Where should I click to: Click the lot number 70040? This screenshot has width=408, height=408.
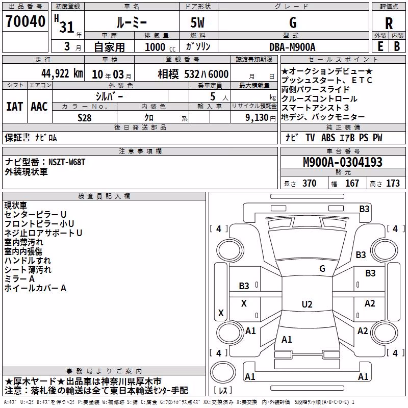(25, 21)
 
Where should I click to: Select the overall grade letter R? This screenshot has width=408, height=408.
(389, 23)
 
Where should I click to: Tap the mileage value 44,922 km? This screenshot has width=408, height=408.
(62, 73)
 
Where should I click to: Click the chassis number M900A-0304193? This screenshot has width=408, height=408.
(343, 162)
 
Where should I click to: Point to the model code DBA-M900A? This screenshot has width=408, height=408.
(292, 47)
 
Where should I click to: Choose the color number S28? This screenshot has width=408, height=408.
(85, 118)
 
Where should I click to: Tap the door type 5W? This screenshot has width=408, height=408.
(197, 22)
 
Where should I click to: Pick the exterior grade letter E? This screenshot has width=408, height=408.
(380, 46)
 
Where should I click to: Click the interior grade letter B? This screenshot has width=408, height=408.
(397, 46)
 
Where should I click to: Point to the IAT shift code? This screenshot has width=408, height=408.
(15, 107)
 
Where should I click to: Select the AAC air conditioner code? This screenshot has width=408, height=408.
(39, 107)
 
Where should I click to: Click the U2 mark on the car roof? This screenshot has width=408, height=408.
(307, 304)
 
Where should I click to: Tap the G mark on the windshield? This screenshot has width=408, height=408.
(322, 268)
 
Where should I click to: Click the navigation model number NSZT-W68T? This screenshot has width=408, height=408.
(67, 162)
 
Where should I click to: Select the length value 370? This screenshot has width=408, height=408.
(310, 183)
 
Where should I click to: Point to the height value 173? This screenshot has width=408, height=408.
(393, 183)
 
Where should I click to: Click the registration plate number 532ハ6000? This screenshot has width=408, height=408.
(207, 74)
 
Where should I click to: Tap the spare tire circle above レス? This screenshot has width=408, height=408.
(223, 372)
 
